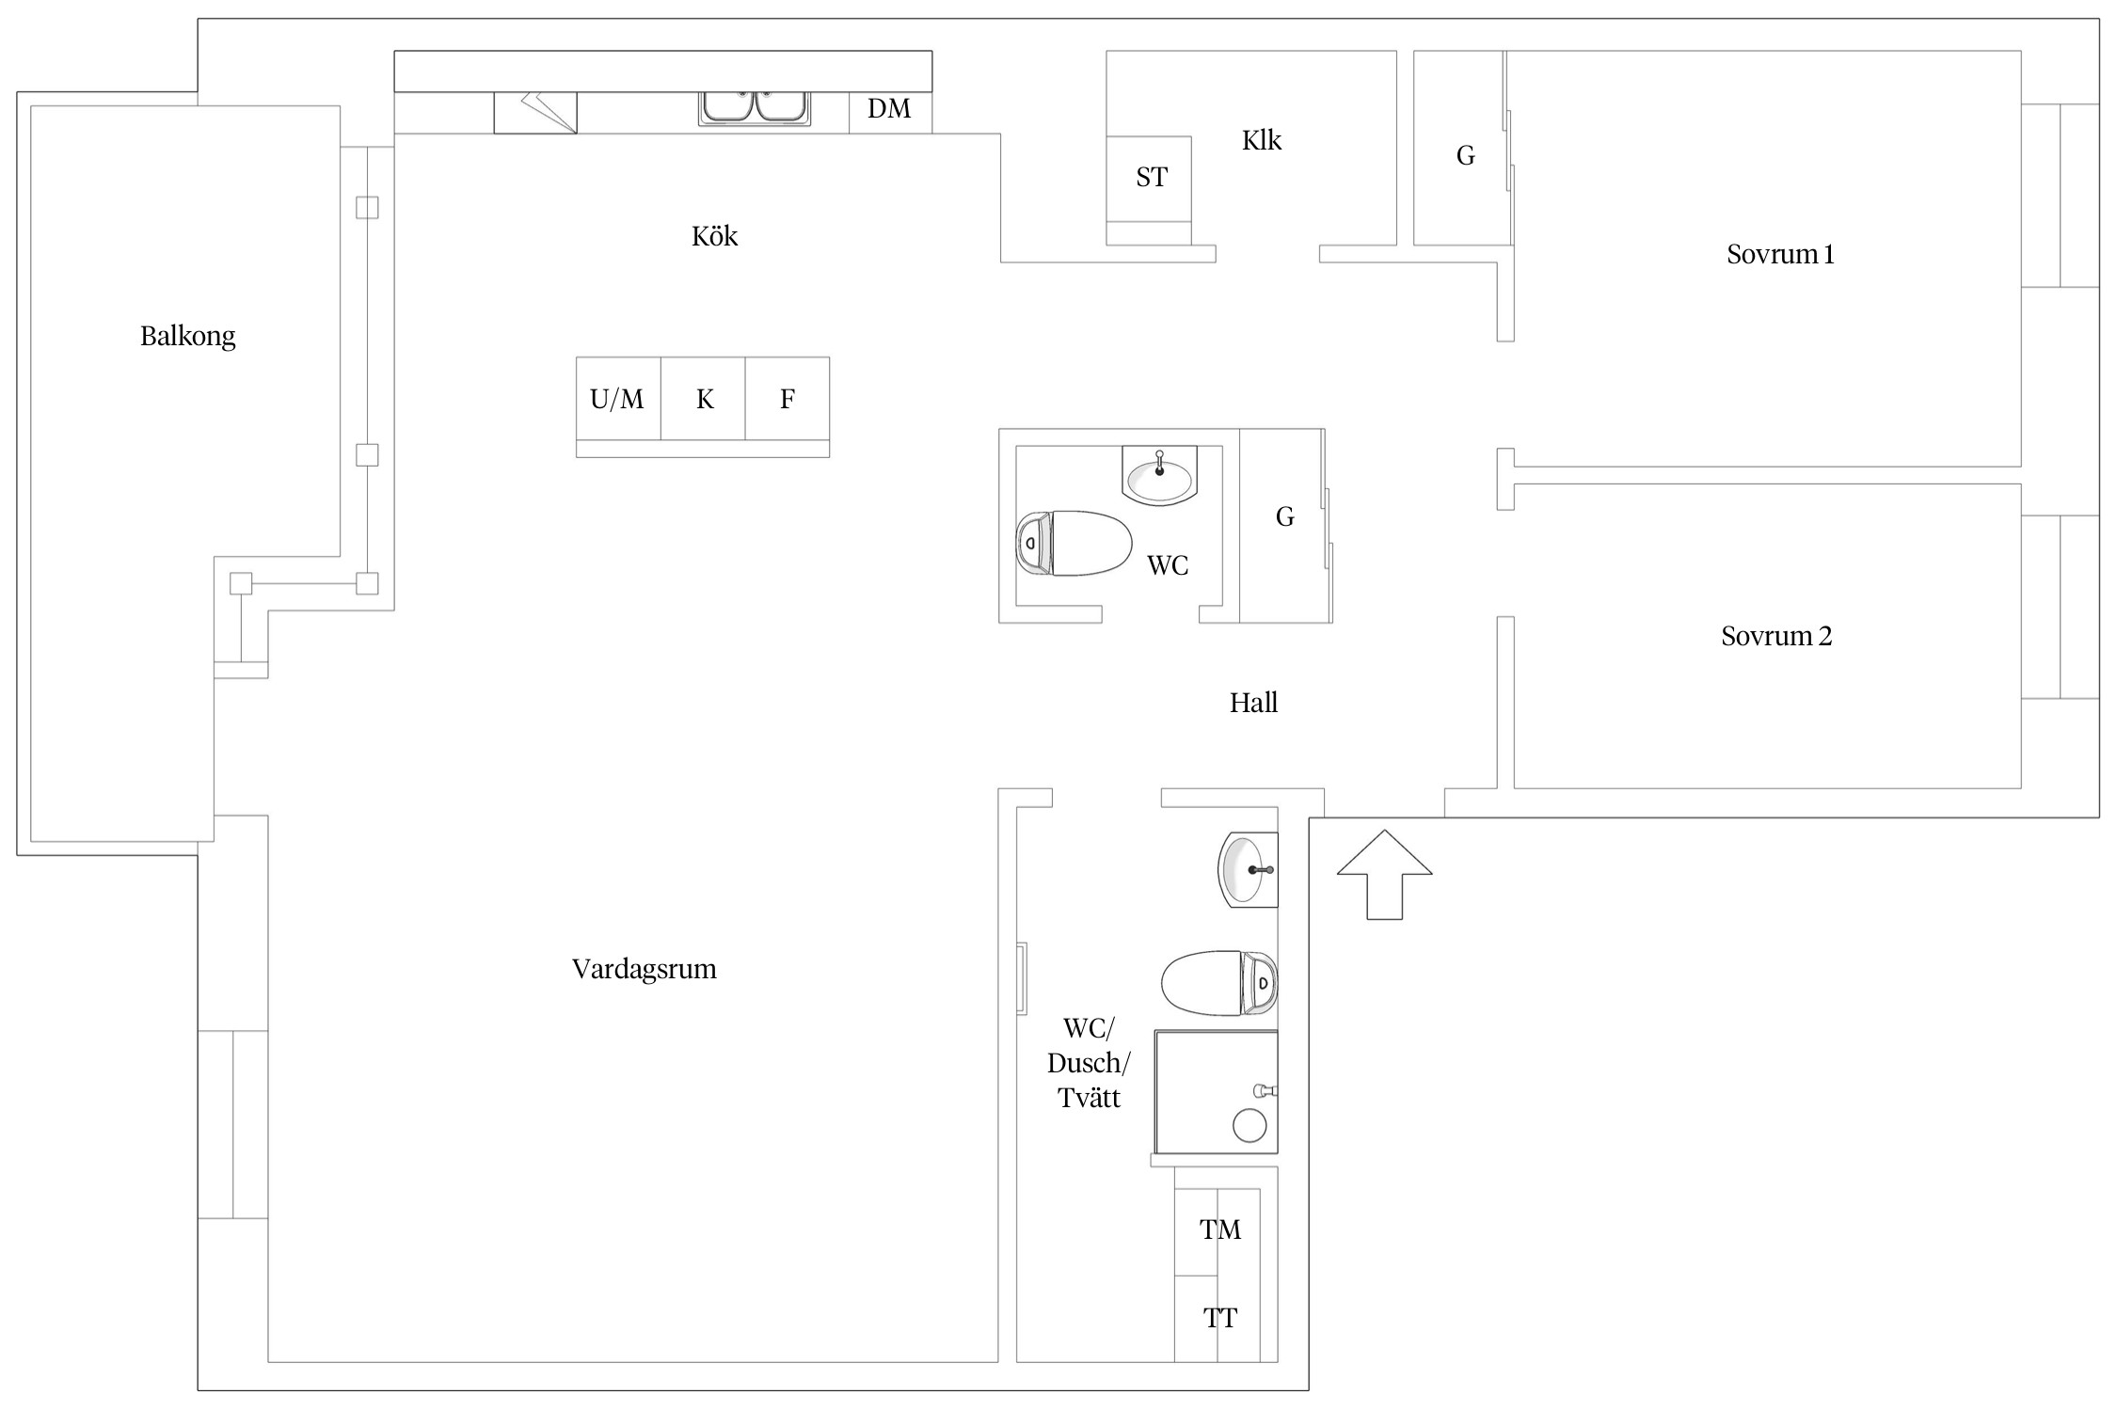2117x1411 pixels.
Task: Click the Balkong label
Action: click(187, 336)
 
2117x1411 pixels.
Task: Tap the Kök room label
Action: click(714, 235)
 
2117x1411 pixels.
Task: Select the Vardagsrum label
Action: click(645, 969)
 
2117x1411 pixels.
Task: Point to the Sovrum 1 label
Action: click(1780, 254)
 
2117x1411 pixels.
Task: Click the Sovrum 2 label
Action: click(1776, 636)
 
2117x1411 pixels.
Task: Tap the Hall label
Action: click(1253, 703)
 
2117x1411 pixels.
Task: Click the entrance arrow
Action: click(1384, 874)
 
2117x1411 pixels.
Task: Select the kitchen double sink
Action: click(755, 108)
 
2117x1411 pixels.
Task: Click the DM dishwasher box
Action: click(890, 112)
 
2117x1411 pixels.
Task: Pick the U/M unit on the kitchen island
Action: click(618, 398)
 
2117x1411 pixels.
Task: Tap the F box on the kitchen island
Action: click(788, 398)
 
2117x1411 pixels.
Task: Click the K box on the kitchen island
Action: click(703, 398)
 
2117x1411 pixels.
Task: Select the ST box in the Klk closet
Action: click(1149, 179)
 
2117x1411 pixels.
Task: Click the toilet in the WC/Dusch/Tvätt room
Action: click(1219, 983)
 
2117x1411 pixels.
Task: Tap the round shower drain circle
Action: click(1250, 1125)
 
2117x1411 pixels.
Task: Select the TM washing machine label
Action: click(1220, 1229)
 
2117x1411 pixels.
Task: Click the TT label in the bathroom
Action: click(1220, 1318)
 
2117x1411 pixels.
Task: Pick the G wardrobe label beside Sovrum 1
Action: click(1465, 155)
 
